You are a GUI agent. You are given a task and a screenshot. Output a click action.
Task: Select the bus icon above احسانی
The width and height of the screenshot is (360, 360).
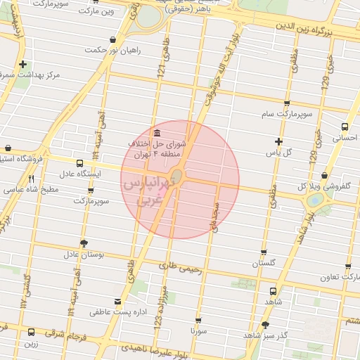pyautogui.click(x=344, y=127)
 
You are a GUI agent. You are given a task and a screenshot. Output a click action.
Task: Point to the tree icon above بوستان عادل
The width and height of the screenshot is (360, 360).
pyautogui.click(x=84, y=243)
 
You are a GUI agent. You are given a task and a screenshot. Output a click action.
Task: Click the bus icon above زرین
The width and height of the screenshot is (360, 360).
pyautogui.click(x=31, y=332)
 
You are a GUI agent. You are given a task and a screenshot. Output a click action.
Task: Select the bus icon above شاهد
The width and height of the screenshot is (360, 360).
pyautogui.click(x=273, y=290)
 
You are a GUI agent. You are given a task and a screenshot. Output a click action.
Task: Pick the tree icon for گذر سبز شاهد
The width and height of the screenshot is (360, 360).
pyautogui.click(x=265, y=325)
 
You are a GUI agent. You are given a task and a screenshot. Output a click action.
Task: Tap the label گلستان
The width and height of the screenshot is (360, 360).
pyautogui.click(x=264, y=263)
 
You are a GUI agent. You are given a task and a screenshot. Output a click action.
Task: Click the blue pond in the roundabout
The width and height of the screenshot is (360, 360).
pyautogui.click(x=315, y=200)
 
